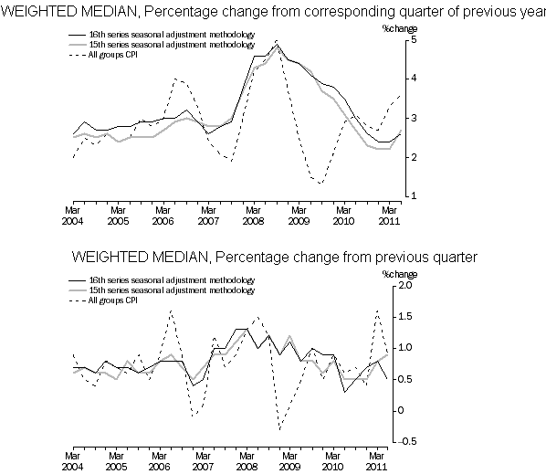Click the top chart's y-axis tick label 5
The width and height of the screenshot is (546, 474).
pyautogui.click(x=414, y=39)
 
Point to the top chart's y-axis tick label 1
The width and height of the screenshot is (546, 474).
pyautogui.click(x=414, y=196)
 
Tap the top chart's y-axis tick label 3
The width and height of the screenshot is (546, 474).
pyautogui.click(x=414, y=118)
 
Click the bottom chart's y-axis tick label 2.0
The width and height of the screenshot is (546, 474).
pyautogui.click(x=404, y=285)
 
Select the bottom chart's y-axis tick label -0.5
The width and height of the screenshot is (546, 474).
pyautogui.click(x=406, y=441)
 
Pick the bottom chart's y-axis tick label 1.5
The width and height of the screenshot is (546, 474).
pyautogui.click(x=404, y=316)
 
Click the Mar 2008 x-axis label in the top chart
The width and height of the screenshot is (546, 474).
pyautogui.click(x=253, y=216)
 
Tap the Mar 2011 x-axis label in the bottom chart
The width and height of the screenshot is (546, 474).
pyautogui.click(x=376, y=461)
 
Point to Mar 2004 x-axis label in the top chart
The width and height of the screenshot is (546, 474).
pyautogui.click(x=72, y=216)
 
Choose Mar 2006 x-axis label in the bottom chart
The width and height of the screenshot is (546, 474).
pyautogui.click(x=159, y=461)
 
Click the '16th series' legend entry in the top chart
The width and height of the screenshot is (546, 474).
pyautogui.click(x=162, y=35)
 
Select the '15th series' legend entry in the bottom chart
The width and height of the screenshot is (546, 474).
pyautogui.click(x=162, y=290)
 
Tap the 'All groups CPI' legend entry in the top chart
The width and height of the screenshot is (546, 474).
pyautogui.click(x=103, y=55)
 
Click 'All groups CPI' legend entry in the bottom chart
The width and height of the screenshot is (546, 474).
pyautogui.click(x=103, y=300)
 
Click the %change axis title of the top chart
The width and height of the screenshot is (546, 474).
pyautogui.click(x=400, y=28)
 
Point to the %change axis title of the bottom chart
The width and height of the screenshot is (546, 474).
pyautogui.click(x=400, y=274)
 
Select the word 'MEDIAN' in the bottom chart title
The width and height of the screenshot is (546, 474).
pyautogui.click(x=180, y=257)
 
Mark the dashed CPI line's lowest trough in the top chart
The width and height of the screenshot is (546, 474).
pyautogui.click(x=320, y=184)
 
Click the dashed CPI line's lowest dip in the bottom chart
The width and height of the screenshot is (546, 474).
pyautogui.click(x=279, y=429)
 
